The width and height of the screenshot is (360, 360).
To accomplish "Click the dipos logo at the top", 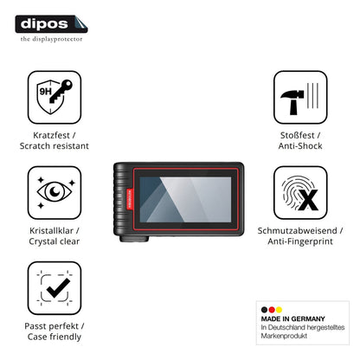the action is coord(51,24).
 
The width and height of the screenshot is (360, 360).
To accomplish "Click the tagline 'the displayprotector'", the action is coord(51,39).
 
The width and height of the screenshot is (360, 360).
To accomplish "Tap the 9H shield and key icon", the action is coord(55,97).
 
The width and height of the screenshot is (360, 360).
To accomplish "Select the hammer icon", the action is coord(300,97).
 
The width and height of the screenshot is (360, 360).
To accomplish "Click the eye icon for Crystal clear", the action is coord(55,193).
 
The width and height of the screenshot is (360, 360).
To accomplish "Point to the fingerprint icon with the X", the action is coord(300,193).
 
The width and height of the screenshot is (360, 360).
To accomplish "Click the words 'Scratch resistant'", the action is coord(55,146).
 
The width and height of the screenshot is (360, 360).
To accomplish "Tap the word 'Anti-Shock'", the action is coord(300,146).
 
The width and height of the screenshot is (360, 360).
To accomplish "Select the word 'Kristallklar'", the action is coord(52,231).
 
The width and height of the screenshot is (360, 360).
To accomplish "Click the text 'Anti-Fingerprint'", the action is coord(300,241).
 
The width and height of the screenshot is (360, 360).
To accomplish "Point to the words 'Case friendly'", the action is coord(55,337).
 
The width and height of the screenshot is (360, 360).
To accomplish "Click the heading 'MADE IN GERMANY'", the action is coord(292,318).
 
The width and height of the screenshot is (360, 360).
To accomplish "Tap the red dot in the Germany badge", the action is coord(272,310).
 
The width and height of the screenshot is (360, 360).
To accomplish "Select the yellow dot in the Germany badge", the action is coord(279,310).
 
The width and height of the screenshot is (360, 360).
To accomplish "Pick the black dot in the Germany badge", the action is coord(264,310).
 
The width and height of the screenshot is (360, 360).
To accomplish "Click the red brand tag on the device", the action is coord(129,199).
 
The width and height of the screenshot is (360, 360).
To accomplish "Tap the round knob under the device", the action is coord(134,239).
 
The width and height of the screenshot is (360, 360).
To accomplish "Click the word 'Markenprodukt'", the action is coord(284,336).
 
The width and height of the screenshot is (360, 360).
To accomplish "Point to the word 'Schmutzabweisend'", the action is coord(297,231).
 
